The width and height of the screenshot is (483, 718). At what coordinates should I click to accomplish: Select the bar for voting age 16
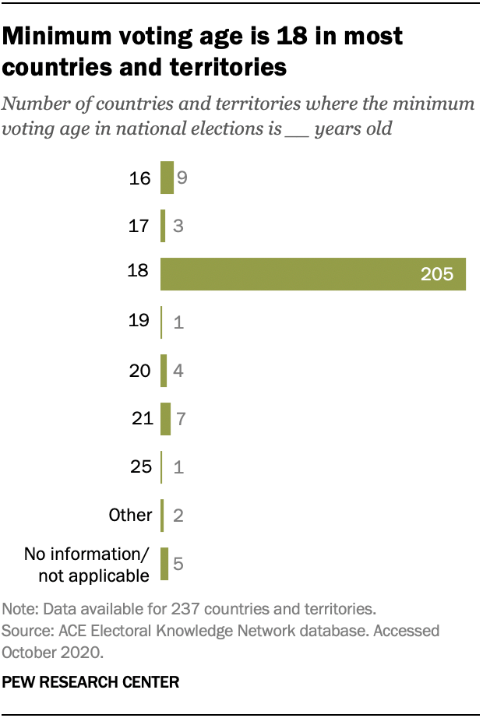167,178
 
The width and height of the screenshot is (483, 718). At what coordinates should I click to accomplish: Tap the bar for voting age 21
165,419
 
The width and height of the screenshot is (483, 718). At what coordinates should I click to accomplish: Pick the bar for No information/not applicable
164,564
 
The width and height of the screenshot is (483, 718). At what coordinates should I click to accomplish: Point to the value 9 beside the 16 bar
182,178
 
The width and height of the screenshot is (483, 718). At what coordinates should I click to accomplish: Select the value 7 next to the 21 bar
179,419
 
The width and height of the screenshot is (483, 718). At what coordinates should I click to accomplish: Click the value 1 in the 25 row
178,467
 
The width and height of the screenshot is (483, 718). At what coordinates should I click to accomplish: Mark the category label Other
130,515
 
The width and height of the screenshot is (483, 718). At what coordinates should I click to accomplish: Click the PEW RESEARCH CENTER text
91,682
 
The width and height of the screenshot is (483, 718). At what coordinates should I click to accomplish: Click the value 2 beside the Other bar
178,516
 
